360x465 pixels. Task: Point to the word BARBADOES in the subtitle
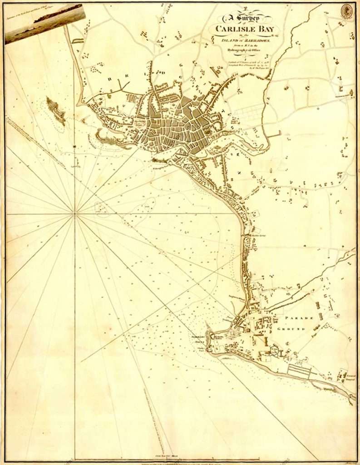259,40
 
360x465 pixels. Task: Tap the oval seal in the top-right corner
347,11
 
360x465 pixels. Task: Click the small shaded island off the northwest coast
56,110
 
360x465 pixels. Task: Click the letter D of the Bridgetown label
162,70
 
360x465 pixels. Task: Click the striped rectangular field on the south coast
299,372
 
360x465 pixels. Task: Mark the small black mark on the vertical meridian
74,146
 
